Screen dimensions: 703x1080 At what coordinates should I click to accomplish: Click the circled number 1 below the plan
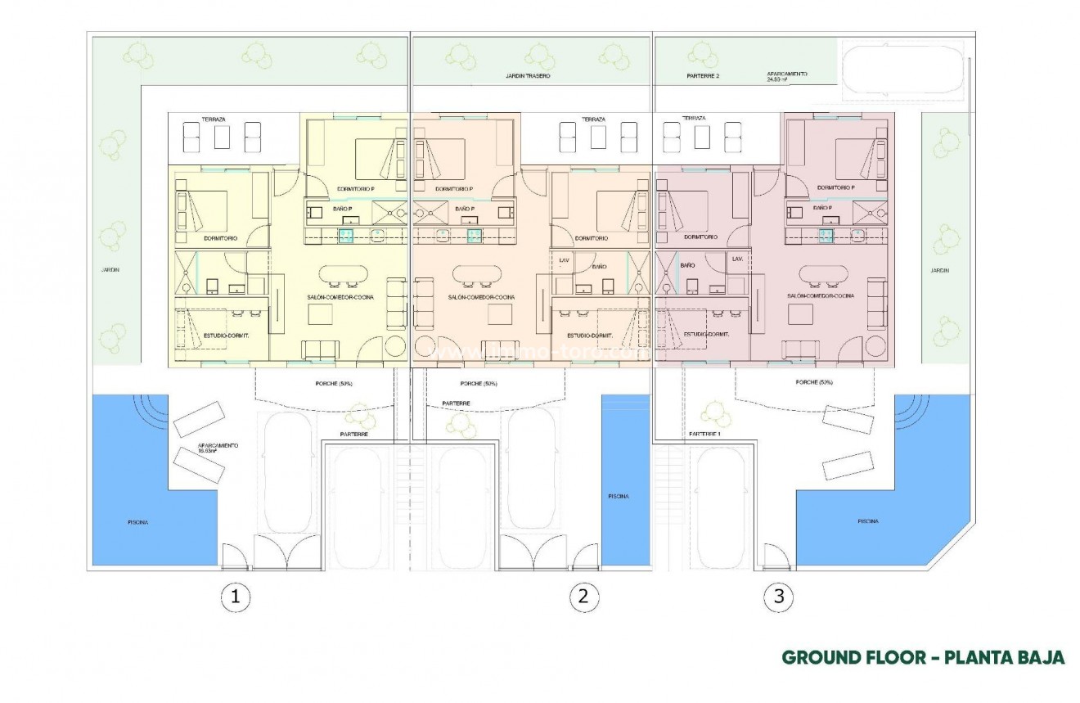click(236, 597)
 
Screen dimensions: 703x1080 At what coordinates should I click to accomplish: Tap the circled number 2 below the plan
click(583, 597)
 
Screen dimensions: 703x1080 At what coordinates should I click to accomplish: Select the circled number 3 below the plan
click(779, 597)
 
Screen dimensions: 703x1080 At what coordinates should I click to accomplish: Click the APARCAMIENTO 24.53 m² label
click(786, 76)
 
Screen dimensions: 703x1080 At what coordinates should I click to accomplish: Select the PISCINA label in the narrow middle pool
click(617, 497)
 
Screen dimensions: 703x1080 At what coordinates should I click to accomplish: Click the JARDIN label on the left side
click(101, 267)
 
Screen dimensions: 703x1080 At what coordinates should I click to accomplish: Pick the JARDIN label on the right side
click(940, 270)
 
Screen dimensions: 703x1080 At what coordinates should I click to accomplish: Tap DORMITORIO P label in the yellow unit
click(356, 189)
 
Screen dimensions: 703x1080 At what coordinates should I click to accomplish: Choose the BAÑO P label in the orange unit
click(466, 209)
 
